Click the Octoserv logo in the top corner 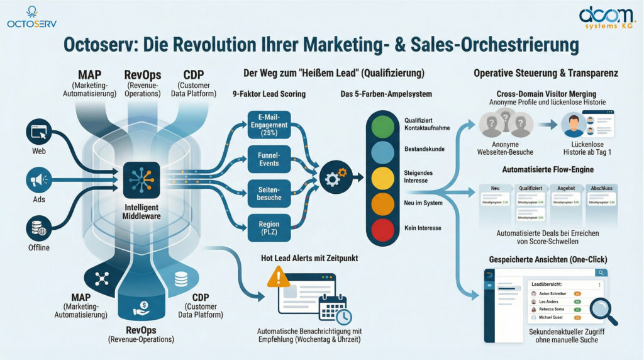point(31,17)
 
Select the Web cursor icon point(38,133)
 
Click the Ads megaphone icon point(38,179)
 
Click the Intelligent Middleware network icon point(142,179)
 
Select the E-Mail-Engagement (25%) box point(269,125)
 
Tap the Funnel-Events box point(269,159)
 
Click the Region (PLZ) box point(269,228)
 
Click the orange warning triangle point(279,277)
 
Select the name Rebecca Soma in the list point(552,310)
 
